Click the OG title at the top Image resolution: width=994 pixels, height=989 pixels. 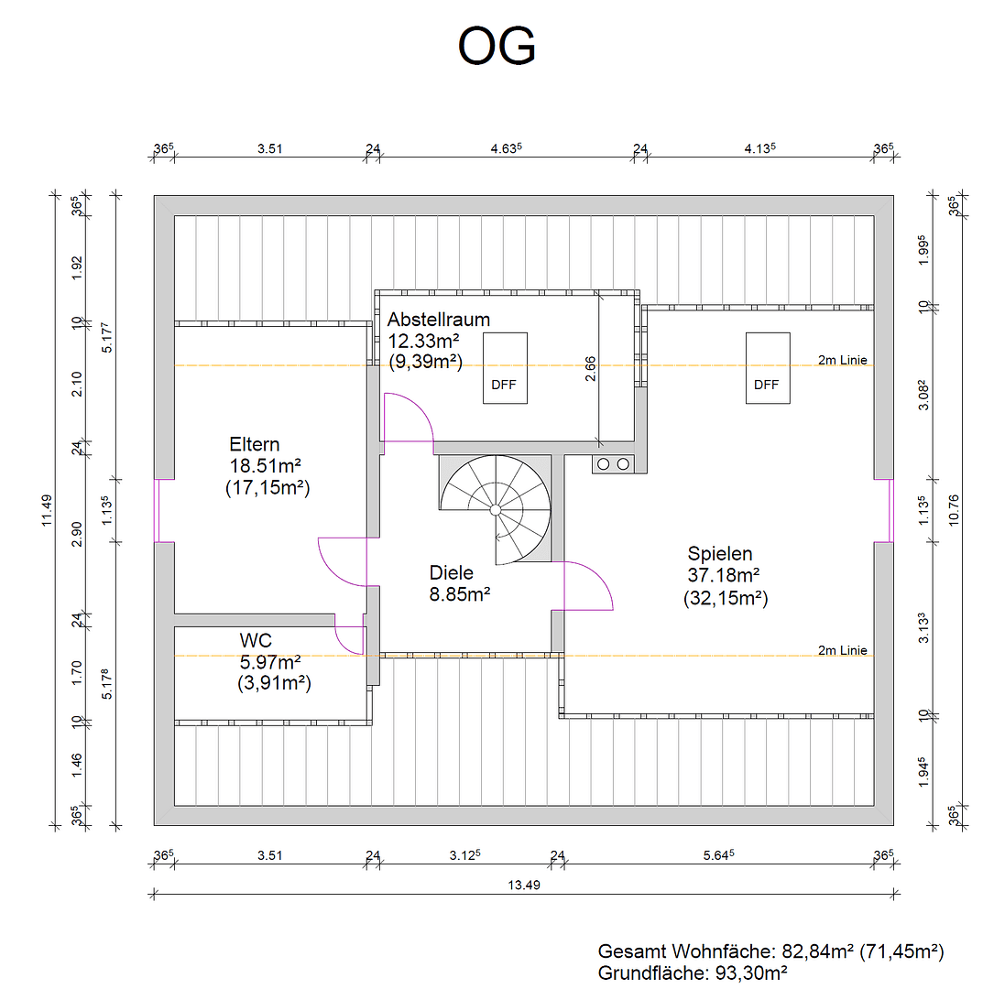(x=497, y=47)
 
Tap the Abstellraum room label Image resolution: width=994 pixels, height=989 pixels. (x=438, y=320)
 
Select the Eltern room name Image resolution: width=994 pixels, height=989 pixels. (x=255, y=445)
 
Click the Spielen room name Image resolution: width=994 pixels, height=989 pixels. (x=720, y=554)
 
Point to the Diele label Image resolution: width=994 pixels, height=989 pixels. (x=452, y=573)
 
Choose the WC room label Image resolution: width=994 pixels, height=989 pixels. (x=256, y=640)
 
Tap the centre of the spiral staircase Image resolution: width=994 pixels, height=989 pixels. (x=495, y=508)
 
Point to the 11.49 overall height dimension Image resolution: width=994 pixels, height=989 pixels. (x=47, y=509)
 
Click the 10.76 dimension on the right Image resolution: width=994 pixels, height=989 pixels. (x=954, y=509)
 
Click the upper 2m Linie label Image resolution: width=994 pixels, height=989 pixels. (x=842, y=360)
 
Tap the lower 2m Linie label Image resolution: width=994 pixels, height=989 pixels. (x=842, y=650)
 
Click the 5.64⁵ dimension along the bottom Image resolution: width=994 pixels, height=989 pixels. (x=719, y=855)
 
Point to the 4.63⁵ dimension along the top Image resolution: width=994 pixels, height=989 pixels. (x=506, y=147)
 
